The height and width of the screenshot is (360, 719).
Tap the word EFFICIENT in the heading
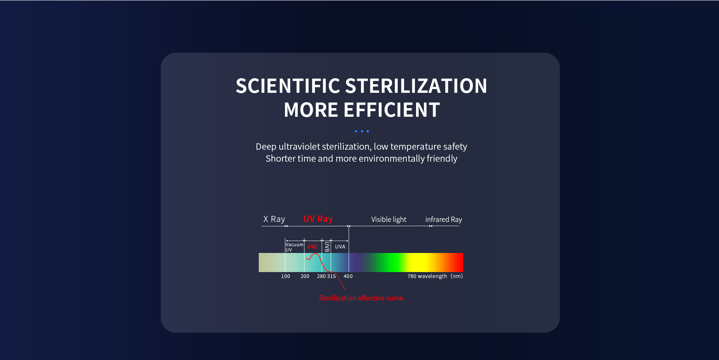[392, 110]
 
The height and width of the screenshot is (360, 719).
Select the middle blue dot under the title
[362, 131]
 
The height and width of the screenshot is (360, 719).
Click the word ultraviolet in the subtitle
[299, 146]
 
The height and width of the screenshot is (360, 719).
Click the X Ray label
[274, 219]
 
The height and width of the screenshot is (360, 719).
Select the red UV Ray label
[318, 219]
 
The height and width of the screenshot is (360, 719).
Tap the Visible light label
[389, 219]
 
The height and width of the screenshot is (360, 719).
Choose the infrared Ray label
[443, 219]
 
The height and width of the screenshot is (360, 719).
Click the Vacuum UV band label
[294, 247]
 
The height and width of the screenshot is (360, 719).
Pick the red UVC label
[312, 247]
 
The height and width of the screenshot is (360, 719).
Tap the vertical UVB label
[327, 247]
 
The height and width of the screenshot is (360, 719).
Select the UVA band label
[340, 247]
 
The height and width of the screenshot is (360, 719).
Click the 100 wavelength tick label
[286, 276]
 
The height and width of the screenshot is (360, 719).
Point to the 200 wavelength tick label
[305, 276]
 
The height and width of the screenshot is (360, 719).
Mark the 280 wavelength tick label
[321, 276]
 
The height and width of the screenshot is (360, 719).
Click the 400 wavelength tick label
[348, 276]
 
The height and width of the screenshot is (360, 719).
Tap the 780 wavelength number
[412, 276]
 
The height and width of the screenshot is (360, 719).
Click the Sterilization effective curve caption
[361, 298]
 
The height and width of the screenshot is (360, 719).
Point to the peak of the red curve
[316, 254]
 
